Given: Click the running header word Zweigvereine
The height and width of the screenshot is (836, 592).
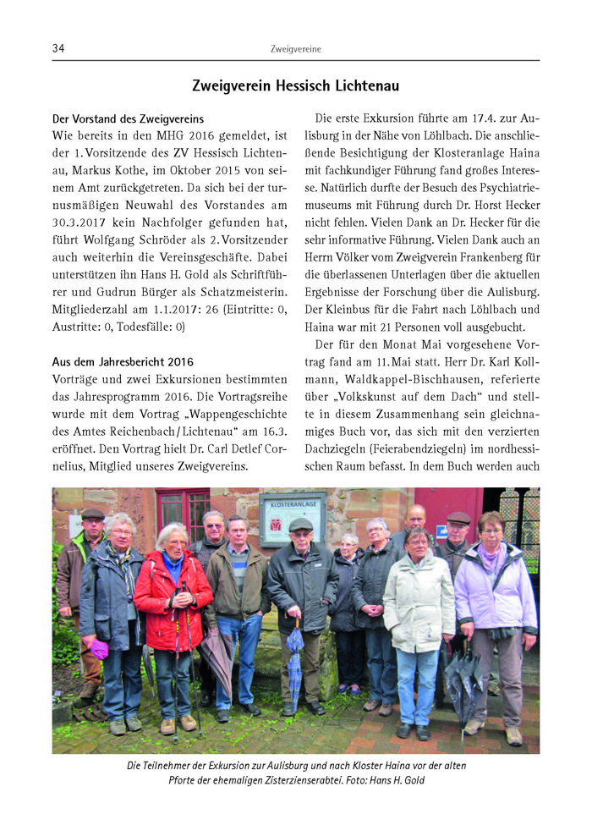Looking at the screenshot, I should point(295,49).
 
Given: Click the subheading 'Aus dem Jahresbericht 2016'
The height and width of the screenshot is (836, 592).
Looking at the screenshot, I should point(123,362).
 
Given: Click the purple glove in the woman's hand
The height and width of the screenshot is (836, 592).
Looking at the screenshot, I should point(100,648).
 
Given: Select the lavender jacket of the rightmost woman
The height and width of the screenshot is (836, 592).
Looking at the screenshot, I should point(495,588).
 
